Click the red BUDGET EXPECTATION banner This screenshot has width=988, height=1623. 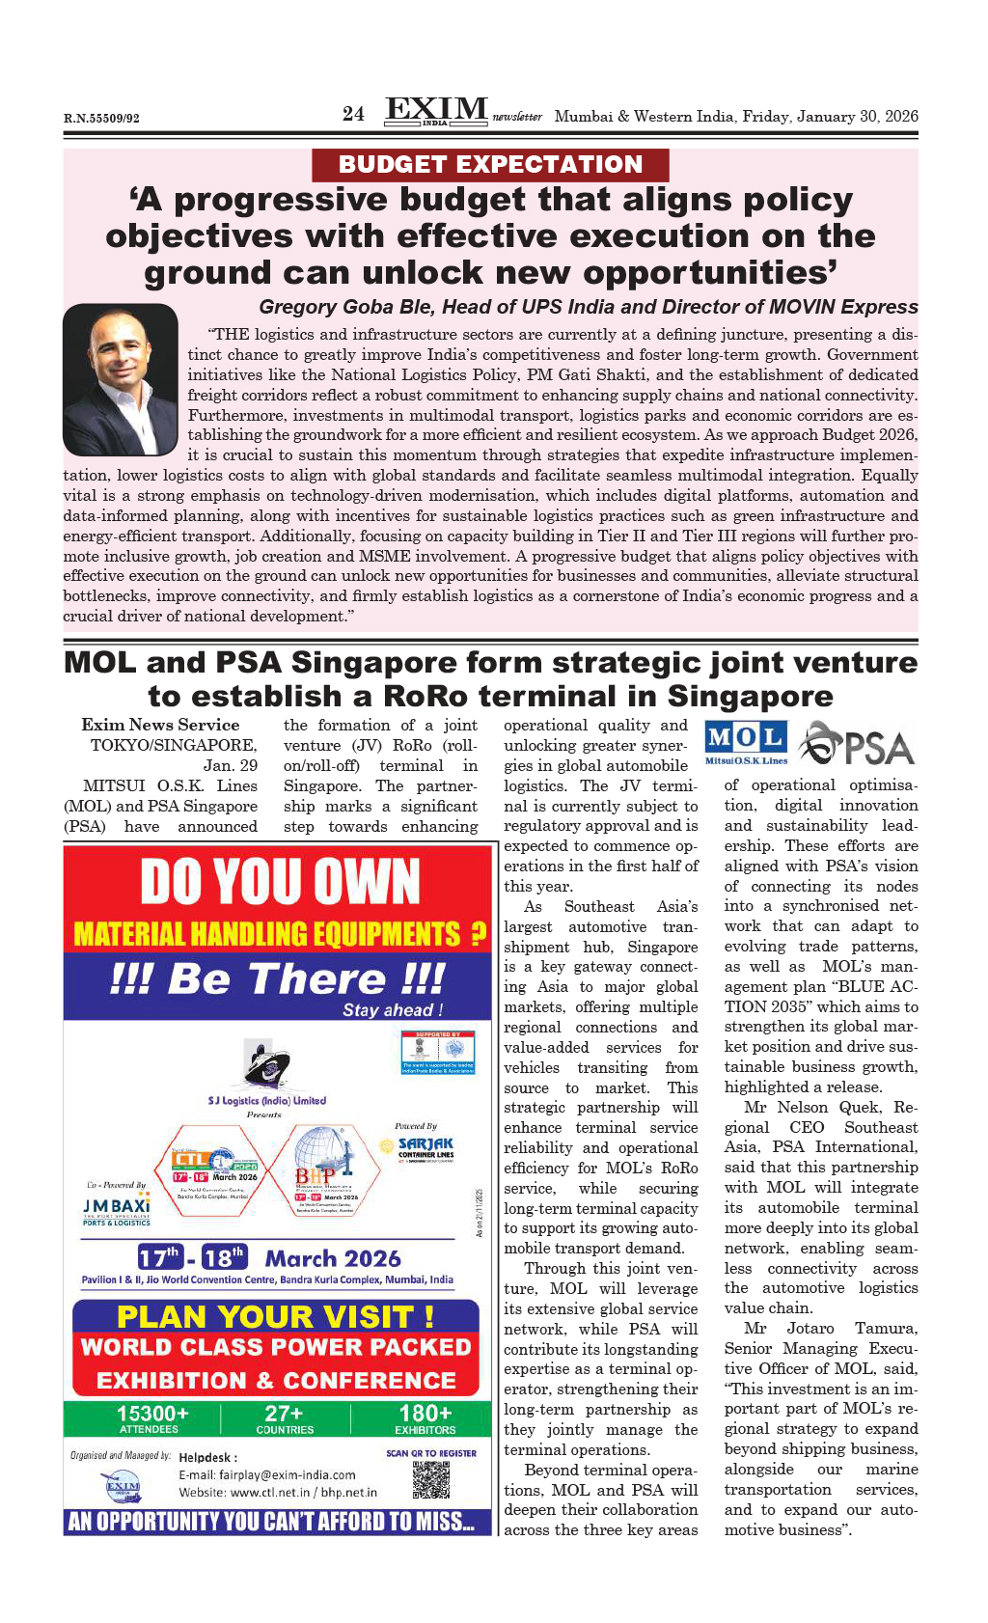490,165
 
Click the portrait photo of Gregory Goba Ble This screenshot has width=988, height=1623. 121,379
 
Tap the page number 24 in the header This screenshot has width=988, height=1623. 353,114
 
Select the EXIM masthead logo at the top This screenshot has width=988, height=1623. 436,111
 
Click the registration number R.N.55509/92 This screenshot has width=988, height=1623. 101,119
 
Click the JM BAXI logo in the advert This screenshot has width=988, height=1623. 116,1207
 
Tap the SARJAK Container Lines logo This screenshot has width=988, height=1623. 425,1147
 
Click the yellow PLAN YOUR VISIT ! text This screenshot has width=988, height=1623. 275,1317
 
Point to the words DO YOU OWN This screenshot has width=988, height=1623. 280,882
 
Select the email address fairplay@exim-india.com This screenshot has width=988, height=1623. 267,1474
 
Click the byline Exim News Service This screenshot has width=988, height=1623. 160,725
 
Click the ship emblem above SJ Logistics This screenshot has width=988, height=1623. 266,1065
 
